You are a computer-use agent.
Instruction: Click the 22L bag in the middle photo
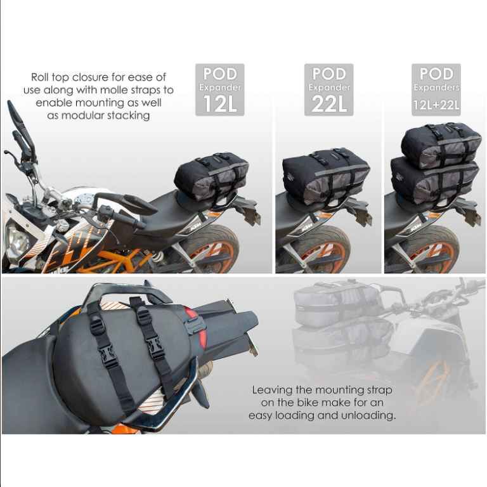click(x=325, y=176)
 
